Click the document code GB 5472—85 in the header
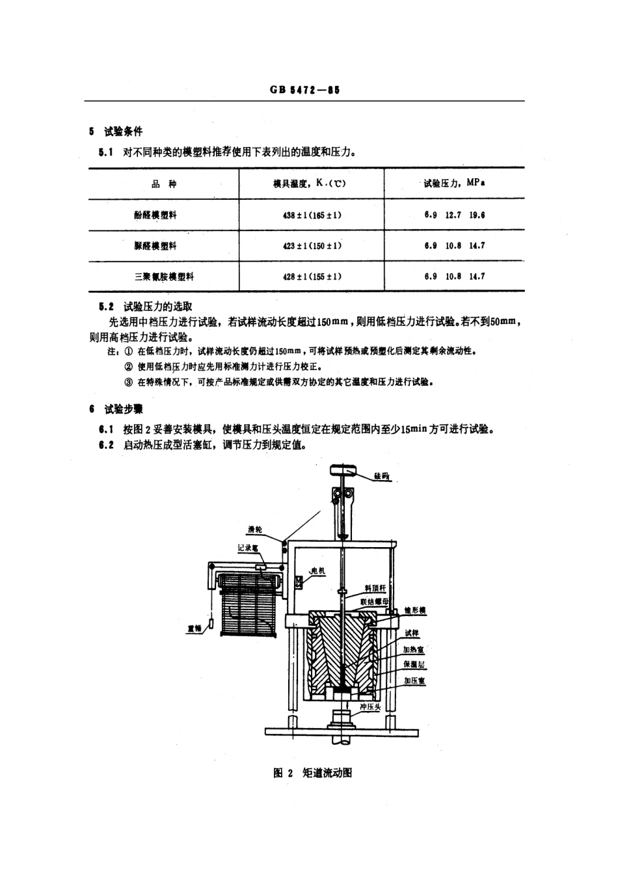coord(304,90)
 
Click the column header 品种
coord(164,184)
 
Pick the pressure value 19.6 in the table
coord(477,215)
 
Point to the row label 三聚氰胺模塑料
coord(164,276)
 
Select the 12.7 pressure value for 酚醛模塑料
coord(453,215)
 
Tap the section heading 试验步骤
coord(123,409)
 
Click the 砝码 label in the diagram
coord(382,476)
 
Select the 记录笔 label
coord(248,548)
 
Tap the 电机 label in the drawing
coord(317,571)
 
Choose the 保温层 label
coord(414,664)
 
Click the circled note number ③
coord(129,382)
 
